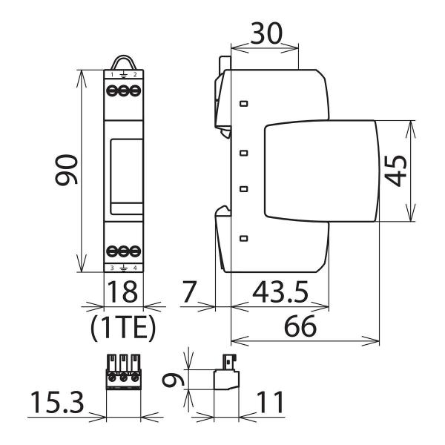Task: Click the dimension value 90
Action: (67, 173)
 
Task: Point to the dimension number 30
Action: (266, 34)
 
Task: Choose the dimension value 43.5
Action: (280, 291)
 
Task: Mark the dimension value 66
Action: (304, 327)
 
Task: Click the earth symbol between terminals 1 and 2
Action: (123, 76)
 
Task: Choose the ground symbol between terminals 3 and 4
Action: (123, 267)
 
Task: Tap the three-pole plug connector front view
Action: (123, 371)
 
